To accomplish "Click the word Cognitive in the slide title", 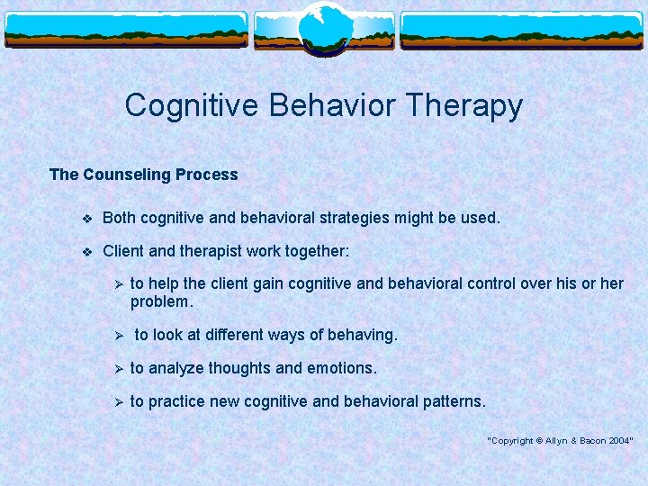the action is tap(185, 105).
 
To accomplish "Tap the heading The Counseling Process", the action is tap(144, 175).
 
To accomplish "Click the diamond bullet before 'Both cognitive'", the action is tap(86, 218).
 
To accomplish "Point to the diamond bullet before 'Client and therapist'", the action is tap(86, 251).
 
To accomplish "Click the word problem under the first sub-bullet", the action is tap(159, 301).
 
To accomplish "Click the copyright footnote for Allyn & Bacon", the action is tap(560, 440).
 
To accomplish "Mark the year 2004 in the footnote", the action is tap(619, 440).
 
